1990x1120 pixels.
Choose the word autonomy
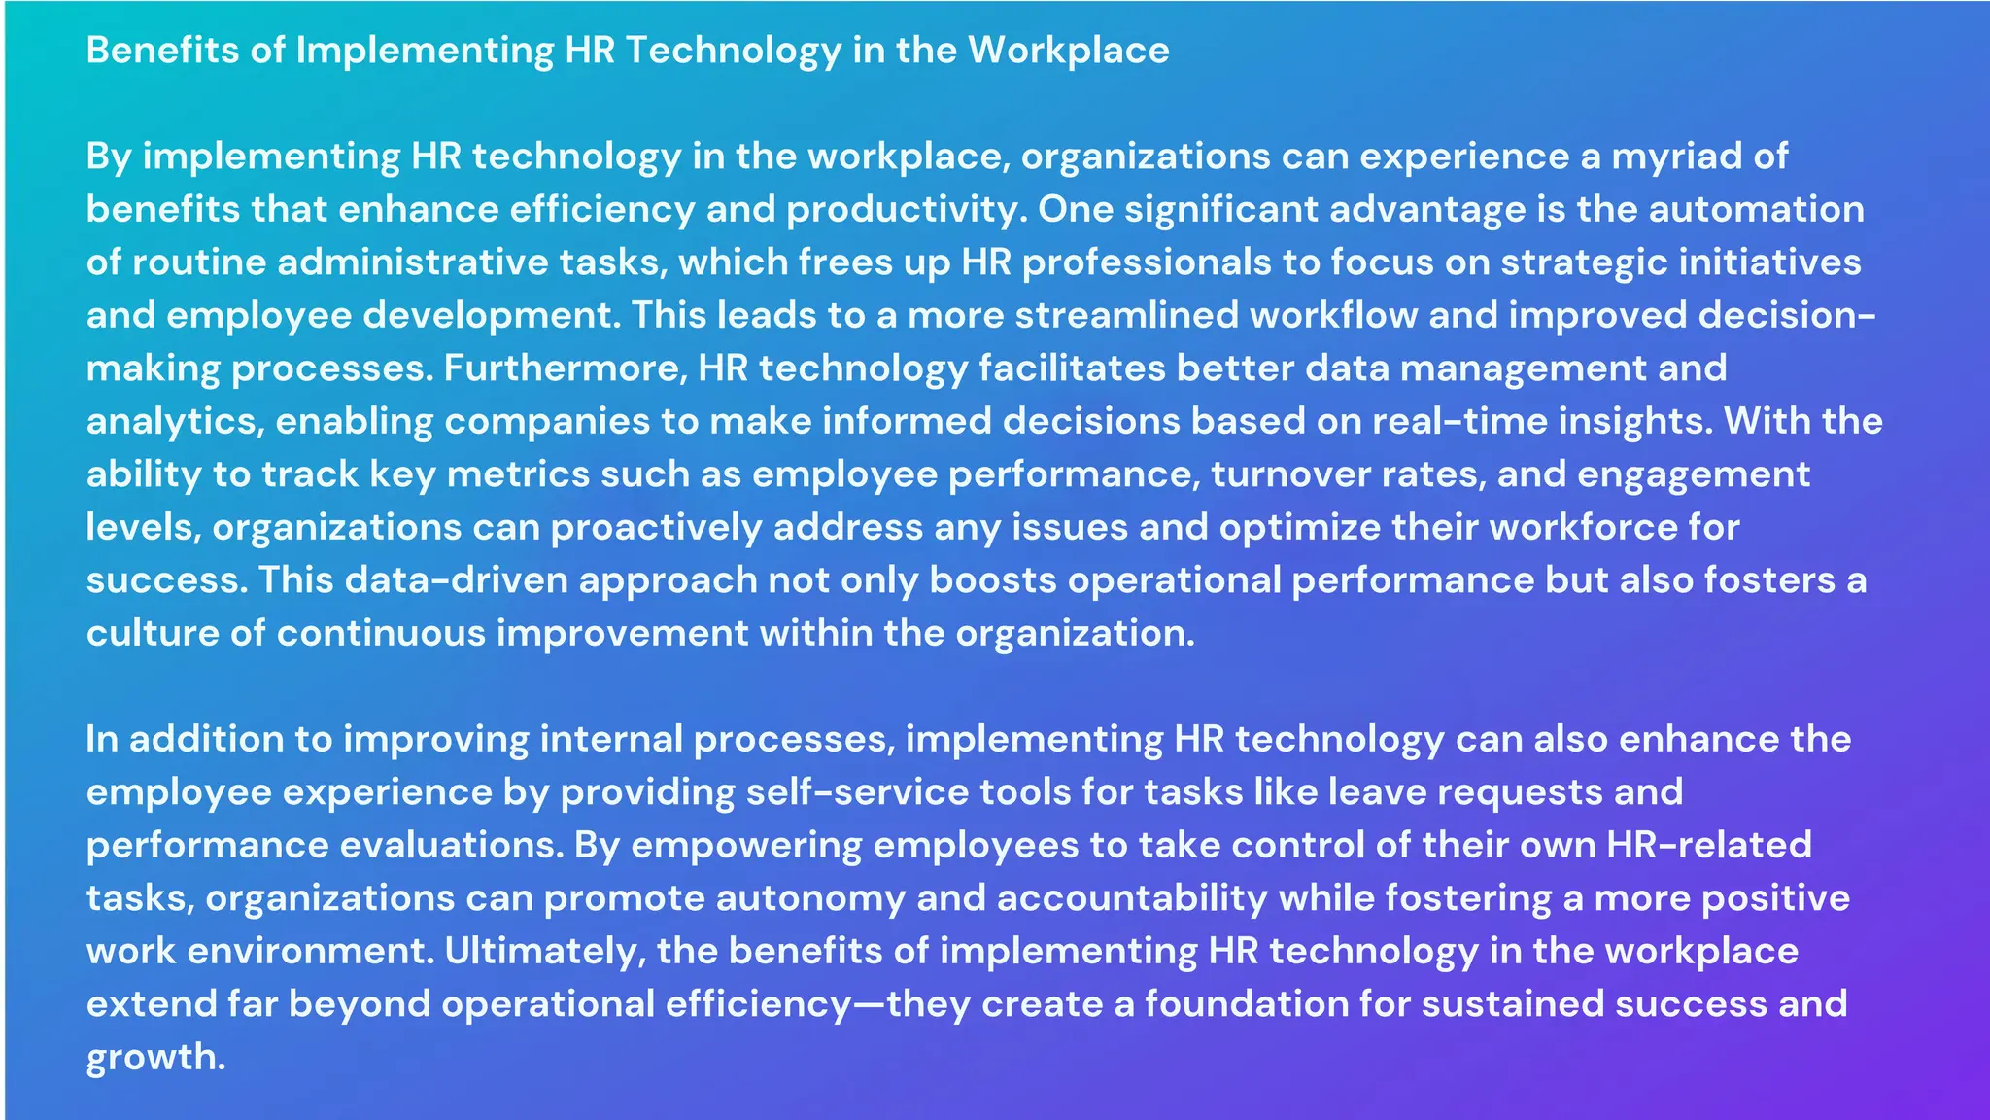(x=810, y=898)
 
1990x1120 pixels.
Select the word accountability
(x=1132, y=898)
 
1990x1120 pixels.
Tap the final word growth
(x=154, y=1058)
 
